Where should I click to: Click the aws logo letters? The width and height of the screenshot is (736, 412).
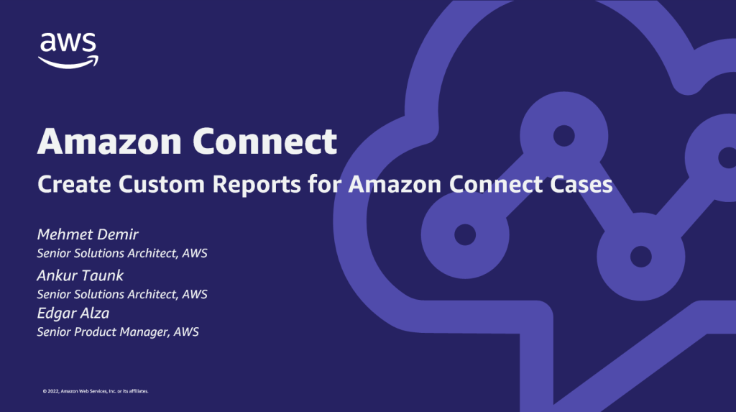[68, 43]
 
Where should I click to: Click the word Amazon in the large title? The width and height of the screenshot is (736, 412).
[109, 141]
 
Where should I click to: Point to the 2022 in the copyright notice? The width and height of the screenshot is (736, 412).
[52, 391]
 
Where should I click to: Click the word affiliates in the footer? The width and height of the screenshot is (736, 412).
[136, 391]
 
